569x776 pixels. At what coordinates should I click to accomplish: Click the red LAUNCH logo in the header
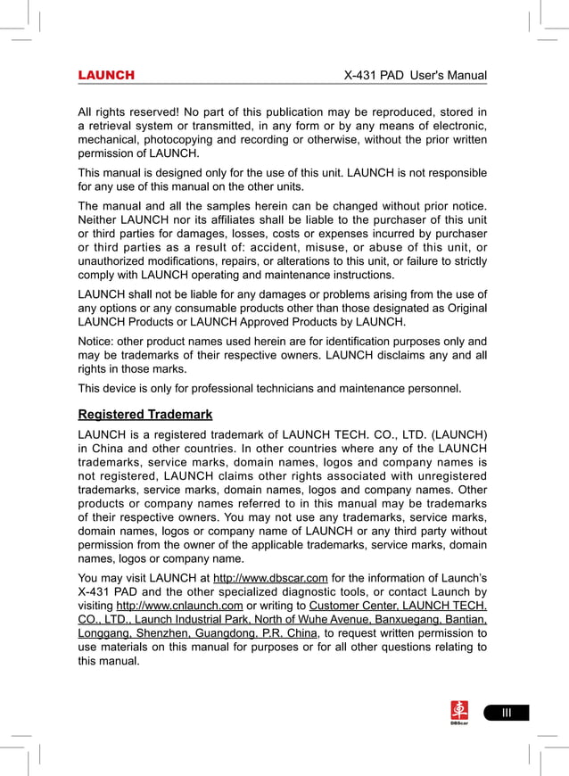click(x=106, y=76)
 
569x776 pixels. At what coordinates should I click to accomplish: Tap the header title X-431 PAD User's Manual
click(x=415, y=76)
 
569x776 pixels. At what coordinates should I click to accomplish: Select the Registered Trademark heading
click(x=145, y=415)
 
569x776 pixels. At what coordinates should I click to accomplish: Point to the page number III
click(x=506, y=712)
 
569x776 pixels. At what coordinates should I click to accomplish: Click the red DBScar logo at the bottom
click(x=459, y=712)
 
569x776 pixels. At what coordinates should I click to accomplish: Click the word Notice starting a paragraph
click(x=97, y=341)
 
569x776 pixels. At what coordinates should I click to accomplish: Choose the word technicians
click(x=276, y=388)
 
